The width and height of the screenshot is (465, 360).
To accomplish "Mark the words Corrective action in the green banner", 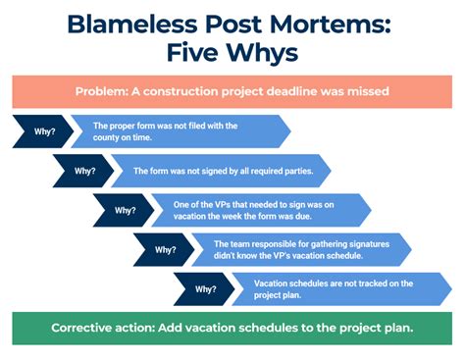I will click(x=103, y=328).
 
